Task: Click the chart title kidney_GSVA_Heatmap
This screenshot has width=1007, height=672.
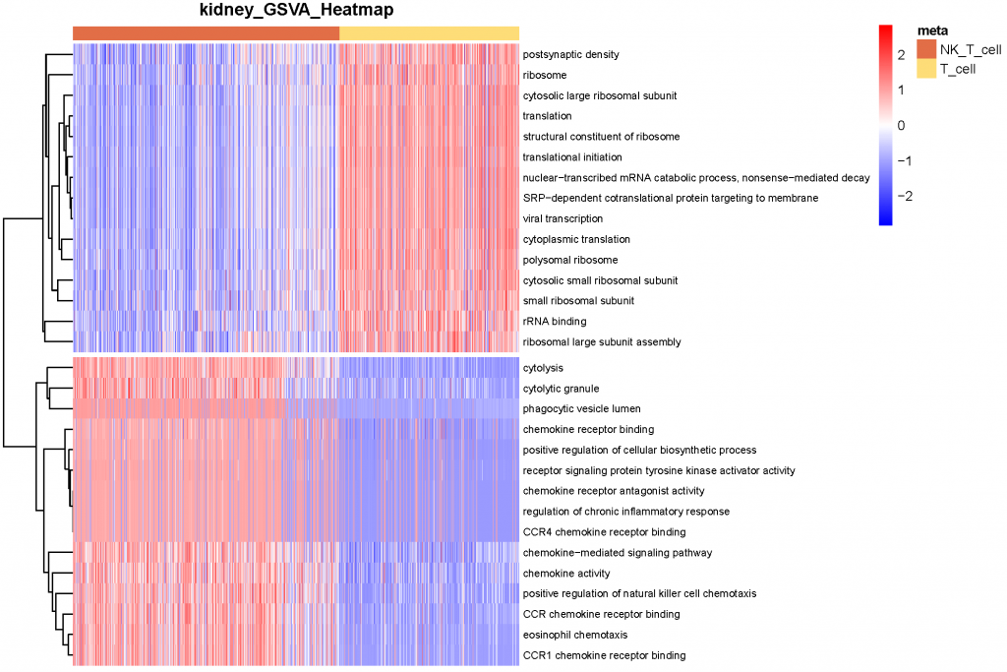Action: [295, 11]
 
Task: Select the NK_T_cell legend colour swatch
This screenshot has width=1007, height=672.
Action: [925, 50]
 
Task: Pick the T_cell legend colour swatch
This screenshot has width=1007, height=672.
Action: [925, 69]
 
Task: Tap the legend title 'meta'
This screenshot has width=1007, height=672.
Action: [931, 31]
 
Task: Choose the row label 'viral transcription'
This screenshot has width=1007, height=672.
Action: [563, 218]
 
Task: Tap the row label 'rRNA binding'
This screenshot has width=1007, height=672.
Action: [555, 322]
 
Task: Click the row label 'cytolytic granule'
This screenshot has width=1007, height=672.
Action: [561, 389]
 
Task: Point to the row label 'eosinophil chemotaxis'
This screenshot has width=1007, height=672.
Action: [574, 635]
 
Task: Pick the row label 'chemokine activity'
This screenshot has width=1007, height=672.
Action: [566, 574]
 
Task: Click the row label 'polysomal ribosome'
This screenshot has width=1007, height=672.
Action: [570, 260]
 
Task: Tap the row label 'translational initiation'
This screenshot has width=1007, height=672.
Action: [572, 157]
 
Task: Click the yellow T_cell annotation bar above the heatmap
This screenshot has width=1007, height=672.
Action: [429, 33]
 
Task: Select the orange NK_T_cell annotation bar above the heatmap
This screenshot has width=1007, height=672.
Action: [206, 33]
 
